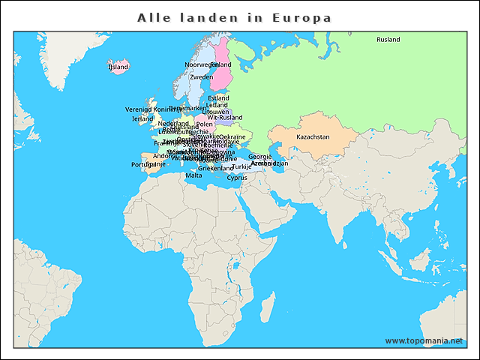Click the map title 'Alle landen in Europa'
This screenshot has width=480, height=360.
[x=234, y=16]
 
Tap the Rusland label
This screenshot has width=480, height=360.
[x=388, y=40]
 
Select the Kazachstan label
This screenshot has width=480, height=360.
[x=313, y=137]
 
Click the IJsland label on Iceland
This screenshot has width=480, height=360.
[x=118, y=67]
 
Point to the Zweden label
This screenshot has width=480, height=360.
[x=201, y=77]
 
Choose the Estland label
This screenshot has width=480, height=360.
[x=218, y=98]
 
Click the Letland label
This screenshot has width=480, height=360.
[x=217, y=105]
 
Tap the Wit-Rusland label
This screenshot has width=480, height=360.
[x=225, y=118]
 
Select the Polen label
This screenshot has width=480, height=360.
[x=204, y=124]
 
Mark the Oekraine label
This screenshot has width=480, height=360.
[x=232, y=137]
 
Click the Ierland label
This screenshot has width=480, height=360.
[x=142, y=118]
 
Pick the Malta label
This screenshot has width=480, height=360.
[x=193, y=175]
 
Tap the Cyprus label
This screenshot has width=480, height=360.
[x=237, y=178]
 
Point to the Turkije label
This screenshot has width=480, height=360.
[x=242, y=166]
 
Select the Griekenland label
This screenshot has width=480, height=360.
[x=215, y=169]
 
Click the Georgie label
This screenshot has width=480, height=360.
[x=259, y=157]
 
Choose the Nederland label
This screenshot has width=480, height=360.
[x=173, y=123]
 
